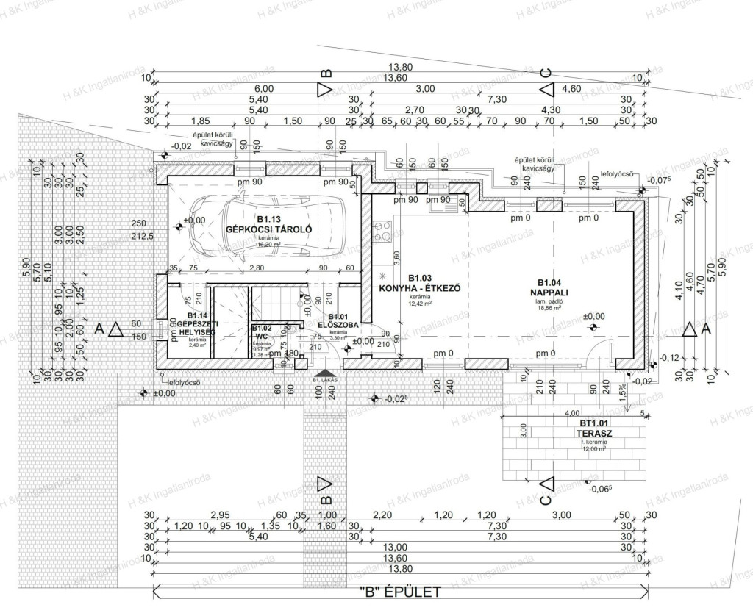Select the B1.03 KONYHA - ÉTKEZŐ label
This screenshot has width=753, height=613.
coord(419,284)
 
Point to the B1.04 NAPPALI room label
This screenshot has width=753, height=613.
coord(550,287)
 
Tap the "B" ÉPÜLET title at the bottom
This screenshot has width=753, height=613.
coord(399,591)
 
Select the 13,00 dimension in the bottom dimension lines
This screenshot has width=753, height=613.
coord(397,547)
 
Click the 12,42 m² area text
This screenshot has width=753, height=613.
coord(419,304)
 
